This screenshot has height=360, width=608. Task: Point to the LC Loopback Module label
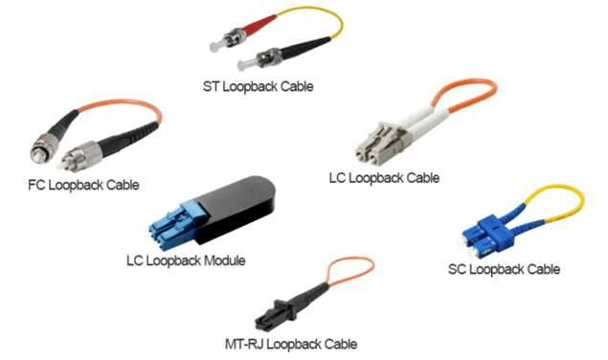pos(187,259)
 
